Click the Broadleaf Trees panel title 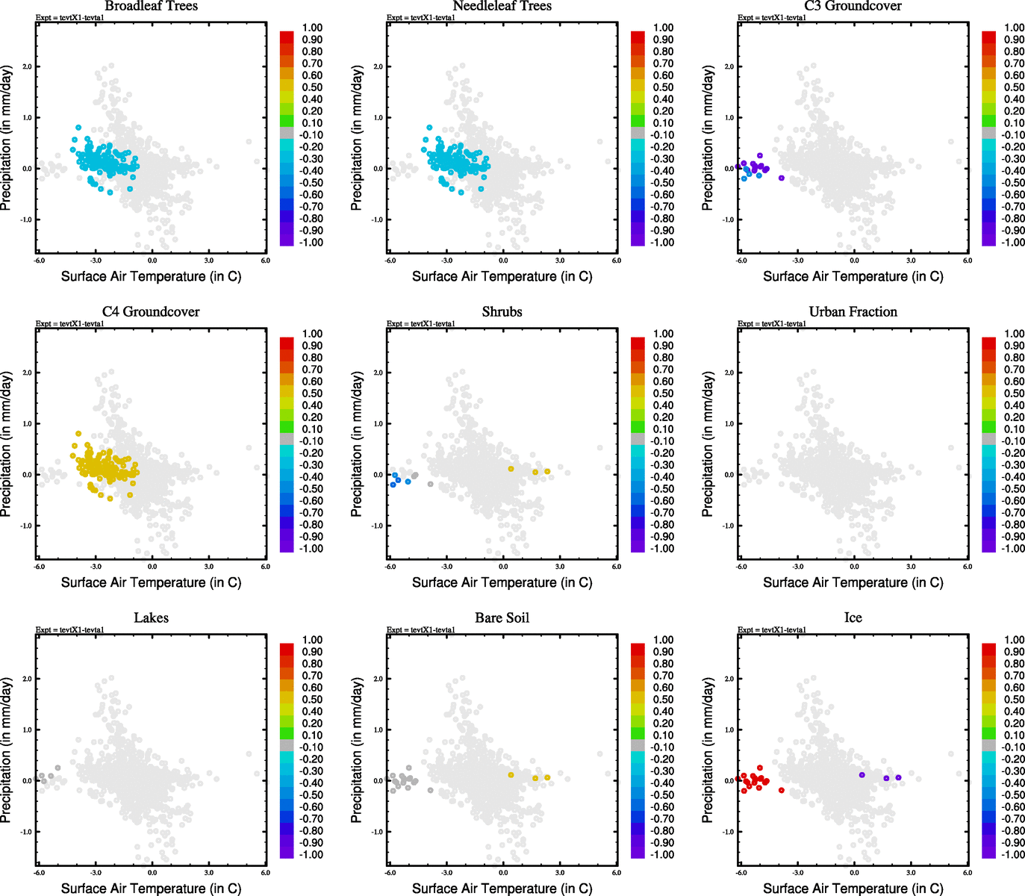(151, 6)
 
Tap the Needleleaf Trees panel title (502, 6)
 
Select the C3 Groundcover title (853, 6)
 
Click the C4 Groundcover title (151, 312)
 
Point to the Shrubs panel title (502, 312)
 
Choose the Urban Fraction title (853, 312)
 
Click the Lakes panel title (151, 618)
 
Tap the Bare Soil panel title (502, 618)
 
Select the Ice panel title (853, 618)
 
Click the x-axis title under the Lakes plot (151, 889)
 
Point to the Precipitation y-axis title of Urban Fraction (708, 444)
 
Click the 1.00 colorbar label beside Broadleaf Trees (312, 28)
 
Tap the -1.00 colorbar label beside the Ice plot (1013, 854)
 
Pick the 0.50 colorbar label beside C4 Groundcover (312, 393)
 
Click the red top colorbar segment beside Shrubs (638, 343)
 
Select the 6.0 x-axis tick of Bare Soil (617, 872)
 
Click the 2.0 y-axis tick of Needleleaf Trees (378, 66)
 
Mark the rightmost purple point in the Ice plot (898, 777)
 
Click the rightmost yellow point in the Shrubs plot (547, 471)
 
